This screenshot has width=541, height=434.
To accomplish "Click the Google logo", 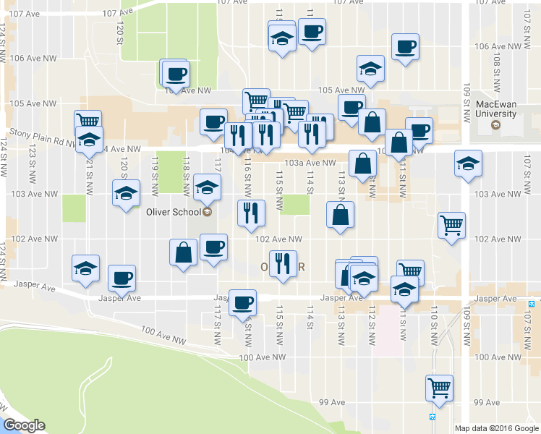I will [24, 425].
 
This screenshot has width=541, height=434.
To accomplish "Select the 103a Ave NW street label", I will [311, 163].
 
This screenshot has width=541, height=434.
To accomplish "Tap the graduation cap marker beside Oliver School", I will [208, 187].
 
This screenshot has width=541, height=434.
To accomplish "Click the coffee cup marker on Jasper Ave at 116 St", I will [243, 301].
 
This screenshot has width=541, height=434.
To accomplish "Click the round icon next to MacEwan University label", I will [495, 125].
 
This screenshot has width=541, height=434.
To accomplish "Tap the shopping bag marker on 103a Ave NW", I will [362, 164].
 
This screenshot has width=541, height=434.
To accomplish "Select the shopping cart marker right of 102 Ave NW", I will [451, 225].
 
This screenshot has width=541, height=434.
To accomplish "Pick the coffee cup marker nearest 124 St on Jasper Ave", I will [122, 277].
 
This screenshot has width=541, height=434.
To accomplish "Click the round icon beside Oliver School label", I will [208, 212].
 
